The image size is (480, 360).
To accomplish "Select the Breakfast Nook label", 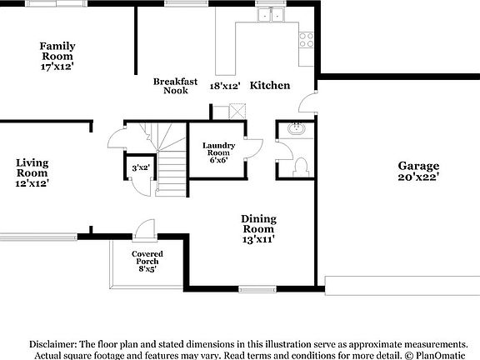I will tap(175, 86).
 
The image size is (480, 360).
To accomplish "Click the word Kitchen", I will tap(270, 86).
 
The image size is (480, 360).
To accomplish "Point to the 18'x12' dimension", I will tap(225, 86).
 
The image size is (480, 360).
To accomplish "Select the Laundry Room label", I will tap(218, 150).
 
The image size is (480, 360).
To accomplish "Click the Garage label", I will tap(418, 166).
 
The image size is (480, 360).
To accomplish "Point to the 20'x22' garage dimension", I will tap(418, 177).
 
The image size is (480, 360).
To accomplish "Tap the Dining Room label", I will tap(258, 223).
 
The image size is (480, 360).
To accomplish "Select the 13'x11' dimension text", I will tap(258, 239).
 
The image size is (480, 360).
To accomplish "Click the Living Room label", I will tap(32, 167).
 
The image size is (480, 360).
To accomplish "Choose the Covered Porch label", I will tap(147, 257).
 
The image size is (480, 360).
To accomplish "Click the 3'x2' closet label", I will tap(140, 168).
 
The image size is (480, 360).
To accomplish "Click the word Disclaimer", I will tap(53, 344).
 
